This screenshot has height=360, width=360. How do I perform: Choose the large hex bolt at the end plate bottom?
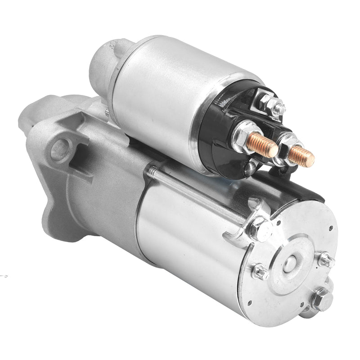coord(320,299)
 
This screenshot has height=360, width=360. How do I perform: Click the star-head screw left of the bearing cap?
coord(260,272)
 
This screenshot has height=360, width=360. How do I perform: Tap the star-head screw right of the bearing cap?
coord(325,260)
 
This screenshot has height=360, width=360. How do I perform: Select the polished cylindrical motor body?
coord(189,234)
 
